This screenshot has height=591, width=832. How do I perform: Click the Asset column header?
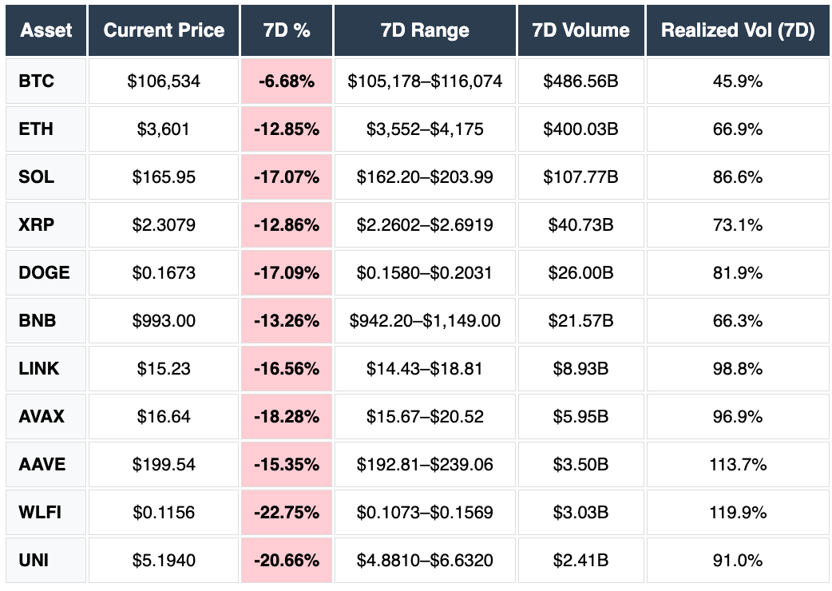point(46,30)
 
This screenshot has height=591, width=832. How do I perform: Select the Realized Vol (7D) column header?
point(738,30)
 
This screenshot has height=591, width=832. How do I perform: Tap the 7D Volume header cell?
point(580,30)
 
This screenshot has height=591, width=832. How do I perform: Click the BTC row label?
point(36,81)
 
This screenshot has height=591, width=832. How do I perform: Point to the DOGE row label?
point(44,272)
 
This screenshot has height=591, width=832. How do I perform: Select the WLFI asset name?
point(39,512)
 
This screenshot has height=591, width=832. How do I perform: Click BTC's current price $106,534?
point(164,81)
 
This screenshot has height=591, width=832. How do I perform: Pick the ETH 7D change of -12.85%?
point(287,129)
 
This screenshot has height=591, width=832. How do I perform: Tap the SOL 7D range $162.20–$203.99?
point(425,177)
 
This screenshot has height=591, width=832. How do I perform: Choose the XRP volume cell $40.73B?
point(580,224)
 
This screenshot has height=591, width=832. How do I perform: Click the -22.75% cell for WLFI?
point(287,512)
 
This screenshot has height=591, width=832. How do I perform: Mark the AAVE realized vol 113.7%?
point(738,464)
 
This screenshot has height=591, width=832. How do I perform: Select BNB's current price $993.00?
point(164,320)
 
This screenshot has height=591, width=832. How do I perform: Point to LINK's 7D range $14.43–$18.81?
point(425,368)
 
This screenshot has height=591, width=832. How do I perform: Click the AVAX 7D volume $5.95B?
point(580,416)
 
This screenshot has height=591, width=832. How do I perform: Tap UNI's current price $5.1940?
point(164,560)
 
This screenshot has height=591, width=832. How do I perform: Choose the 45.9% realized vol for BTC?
point(738,81)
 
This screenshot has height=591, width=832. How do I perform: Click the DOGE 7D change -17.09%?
point(287,272)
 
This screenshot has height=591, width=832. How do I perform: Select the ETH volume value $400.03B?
point(580,129)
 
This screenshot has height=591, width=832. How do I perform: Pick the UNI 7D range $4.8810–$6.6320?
point(425,560)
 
